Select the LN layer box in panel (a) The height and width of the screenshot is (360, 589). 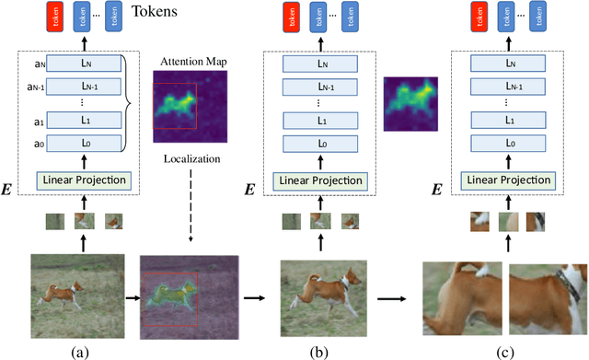click(83, 64)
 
